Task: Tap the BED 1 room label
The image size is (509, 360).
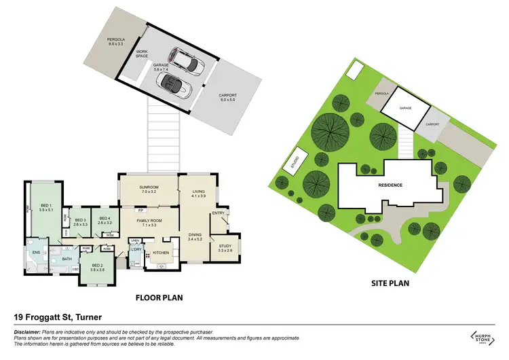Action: [x=46, y=205]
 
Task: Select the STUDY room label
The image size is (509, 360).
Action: [x=225, y=248]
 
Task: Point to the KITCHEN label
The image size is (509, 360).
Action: [x=160, y=253]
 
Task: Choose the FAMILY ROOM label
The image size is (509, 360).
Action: [x=148, y=221]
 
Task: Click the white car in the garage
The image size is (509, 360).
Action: [x=187, y=60]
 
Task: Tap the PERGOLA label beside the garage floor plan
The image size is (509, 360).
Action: [x=117, y=40]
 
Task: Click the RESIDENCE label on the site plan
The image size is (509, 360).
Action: [x=390, y=185]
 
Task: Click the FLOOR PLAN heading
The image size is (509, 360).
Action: [x=159, y=297]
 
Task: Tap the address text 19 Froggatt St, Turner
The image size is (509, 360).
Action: [x=57, y=317]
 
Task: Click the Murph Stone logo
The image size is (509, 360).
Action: [x=483, y=336]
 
